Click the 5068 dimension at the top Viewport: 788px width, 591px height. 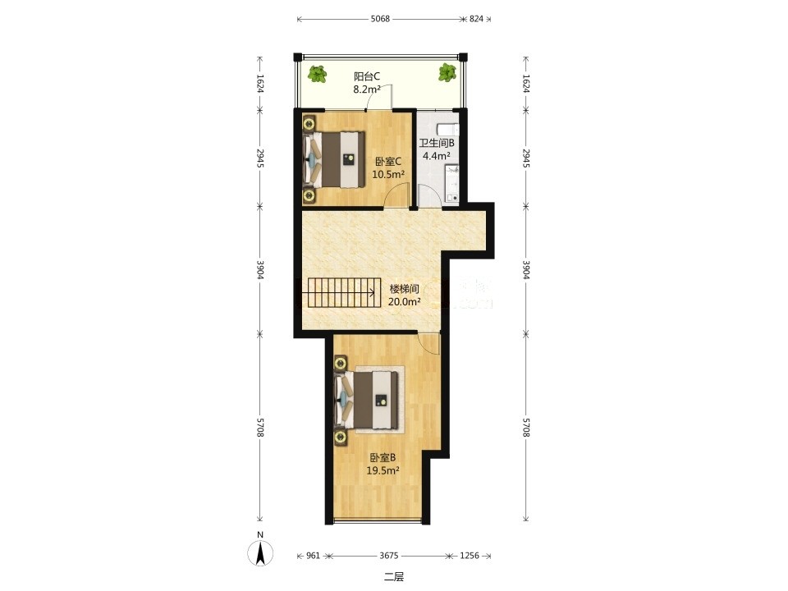pyautogui.click(x=380, y=19)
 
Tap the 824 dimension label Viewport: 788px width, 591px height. pyautogui.click(x=476, y=19)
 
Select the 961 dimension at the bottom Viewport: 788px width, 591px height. pyautogui.click(x=313, y=556)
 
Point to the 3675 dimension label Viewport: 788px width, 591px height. pyautogui.click(x=388, y=556)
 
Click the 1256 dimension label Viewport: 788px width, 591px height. pyautogui.click(x=470, y=556)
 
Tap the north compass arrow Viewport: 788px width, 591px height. pyautogui.click(x=260, y=553)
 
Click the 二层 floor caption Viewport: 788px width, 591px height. pyautogui.click(x=394, y=577)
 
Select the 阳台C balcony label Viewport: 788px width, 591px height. pyautogui.click(x=366, y=77)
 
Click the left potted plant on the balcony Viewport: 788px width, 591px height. pyautogui.click(x=317, y=74)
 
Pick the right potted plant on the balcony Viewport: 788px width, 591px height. pyautogui.click(x=447, y=72)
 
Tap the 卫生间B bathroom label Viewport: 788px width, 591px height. pyautogui.click(x=437, y=143)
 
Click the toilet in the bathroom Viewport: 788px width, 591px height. pyautogui.click(x=448, y=129)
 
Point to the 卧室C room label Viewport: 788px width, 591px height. pyautogui.click(x=388, y=162)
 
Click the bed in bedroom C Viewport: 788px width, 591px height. pyautogui.click(x=334, y=159)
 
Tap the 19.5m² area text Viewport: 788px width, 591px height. pyautogui.click(x=383, y=471)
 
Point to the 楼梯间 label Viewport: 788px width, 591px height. pyautogui.click(x=405, y=290)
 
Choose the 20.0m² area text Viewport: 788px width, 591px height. pyautogui.click(x=404, y=302)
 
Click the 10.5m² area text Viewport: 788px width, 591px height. pyautogui.click(x=388, y=174)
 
